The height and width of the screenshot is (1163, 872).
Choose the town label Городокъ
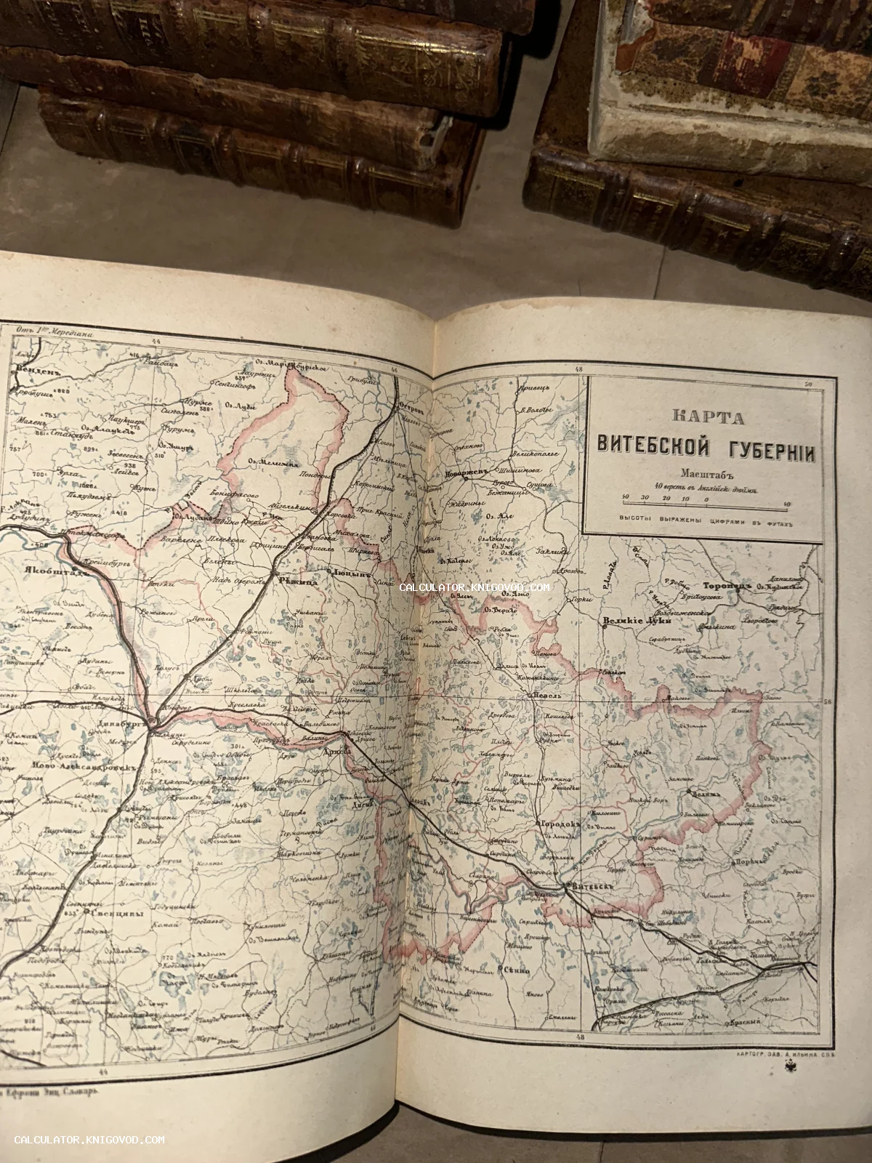click(560, 823)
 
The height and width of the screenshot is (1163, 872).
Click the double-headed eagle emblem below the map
click(791, 1065)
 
